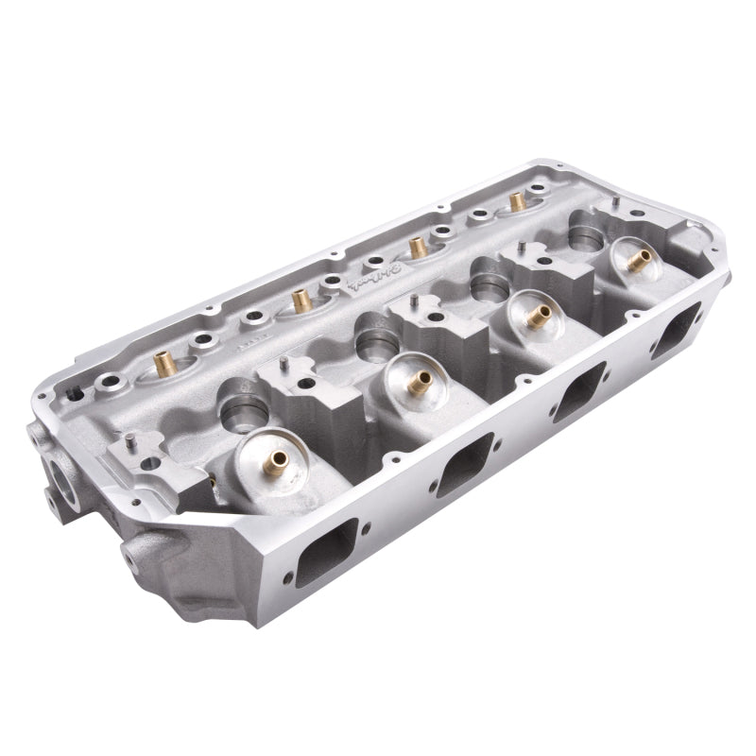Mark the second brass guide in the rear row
point(301,301)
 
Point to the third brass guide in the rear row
point(415,248)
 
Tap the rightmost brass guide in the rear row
point(516,201)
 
